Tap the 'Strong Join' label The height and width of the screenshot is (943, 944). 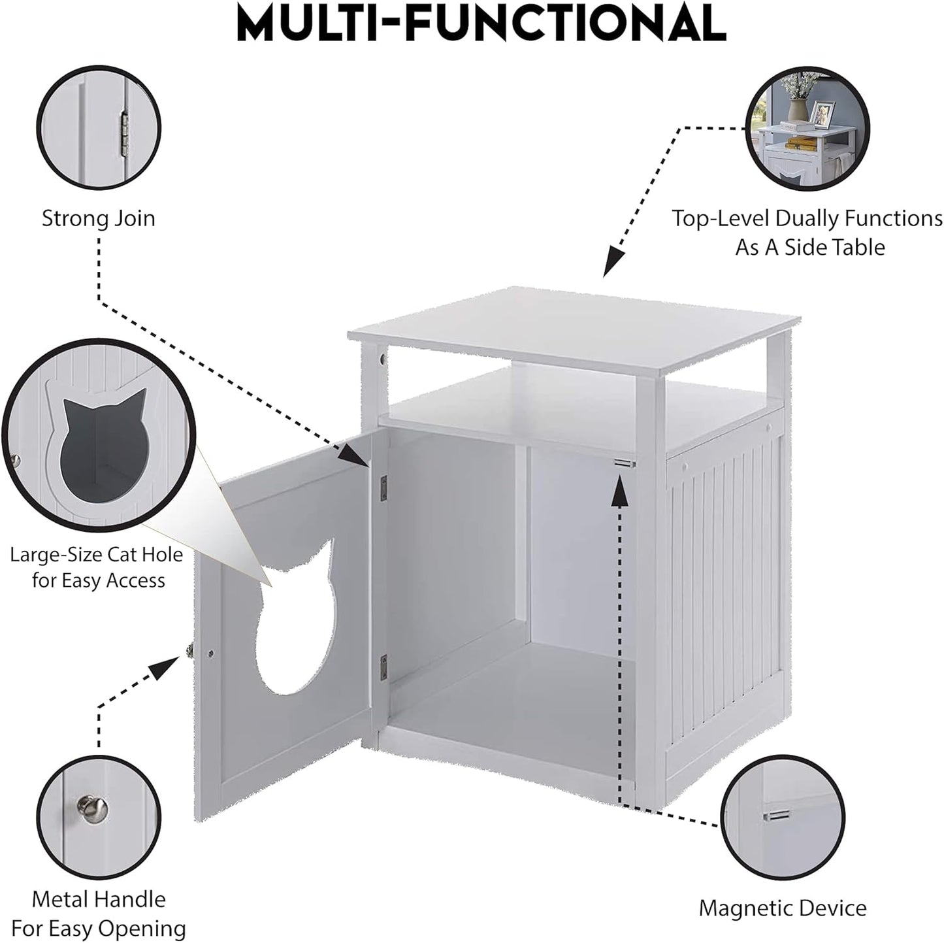tap(99, 218)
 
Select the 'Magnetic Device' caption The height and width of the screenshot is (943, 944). tap(782, 908)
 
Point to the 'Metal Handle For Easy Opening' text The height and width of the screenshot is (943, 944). tap(99, 914)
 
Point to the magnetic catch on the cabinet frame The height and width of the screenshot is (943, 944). tap(625, 463)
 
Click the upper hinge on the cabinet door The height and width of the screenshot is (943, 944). tap(384, 484)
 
